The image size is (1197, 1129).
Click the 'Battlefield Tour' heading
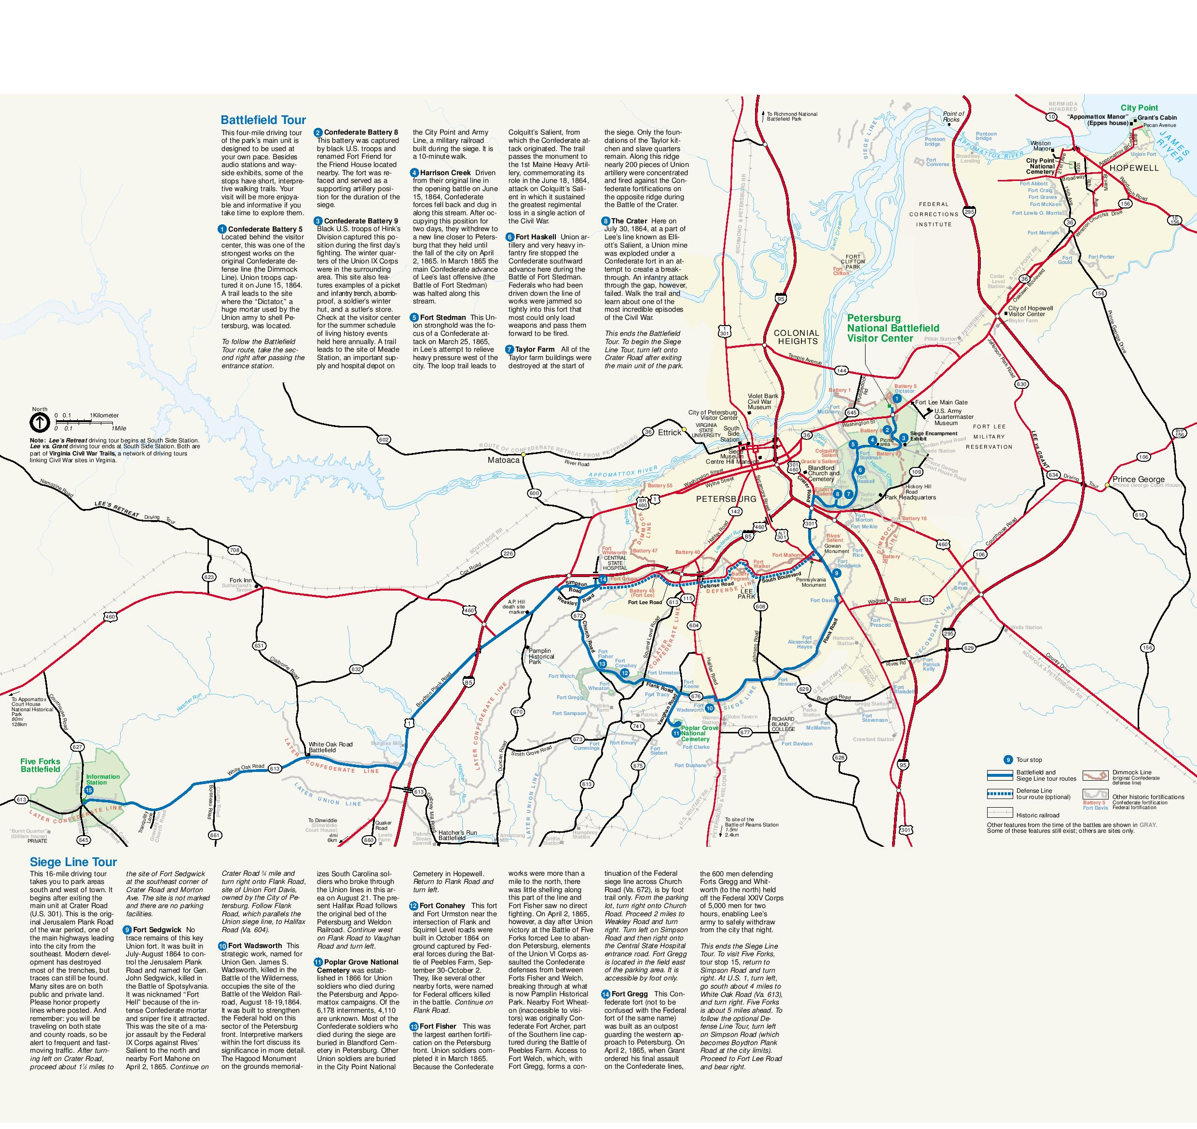263,120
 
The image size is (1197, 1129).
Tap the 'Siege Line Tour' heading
73,862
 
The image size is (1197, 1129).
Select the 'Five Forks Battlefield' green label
41,765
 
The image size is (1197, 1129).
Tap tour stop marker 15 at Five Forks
89,790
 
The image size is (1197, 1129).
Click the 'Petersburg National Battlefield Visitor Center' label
893,328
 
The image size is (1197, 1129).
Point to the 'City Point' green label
1139,108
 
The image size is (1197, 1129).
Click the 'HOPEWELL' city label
1134,168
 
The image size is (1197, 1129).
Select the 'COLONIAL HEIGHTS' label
797,337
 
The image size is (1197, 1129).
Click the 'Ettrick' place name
669,432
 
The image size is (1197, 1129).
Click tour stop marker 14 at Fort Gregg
603,579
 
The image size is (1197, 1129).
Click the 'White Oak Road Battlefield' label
330,747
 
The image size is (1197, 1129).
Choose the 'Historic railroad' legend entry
1037,815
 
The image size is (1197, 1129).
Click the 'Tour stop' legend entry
1029,760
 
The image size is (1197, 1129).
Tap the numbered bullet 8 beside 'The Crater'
605,221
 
